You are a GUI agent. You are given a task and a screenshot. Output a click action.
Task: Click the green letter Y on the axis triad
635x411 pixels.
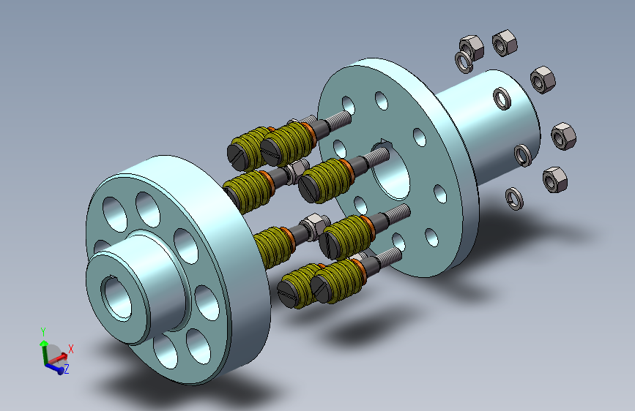(x=43, y=332)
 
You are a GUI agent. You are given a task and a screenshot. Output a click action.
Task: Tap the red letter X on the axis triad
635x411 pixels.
(x=71, y=349)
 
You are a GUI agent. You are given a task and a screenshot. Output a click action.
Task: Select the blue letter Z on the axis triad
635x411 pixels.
(x=67, y=369)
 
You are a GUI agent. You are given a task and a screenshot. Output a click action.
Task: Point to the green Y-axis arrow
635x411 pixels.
(x=44, y=352)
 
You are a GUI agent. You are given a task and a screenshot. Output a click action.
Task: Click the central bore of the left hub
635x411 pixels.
(x=116, y=298)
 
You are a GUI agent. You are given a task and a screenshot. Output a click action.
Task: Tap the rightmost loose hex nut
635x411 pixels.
(x=563, y=136)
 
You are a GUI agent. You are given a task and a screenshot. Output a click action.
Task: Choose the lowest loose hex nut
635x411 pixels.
(x=555, y=179)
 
